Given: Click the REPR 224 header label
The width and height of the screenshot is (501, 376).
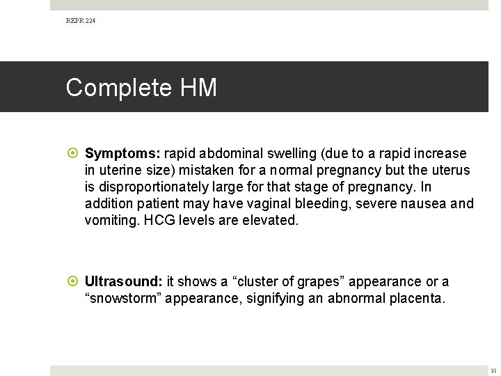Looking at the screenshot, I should point(81,22).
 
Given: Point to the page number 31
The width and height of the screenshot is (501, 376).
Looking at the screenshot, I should point(493,370).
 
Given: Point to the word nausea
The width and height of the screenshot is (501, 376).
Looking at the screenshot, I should point(425,203).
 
